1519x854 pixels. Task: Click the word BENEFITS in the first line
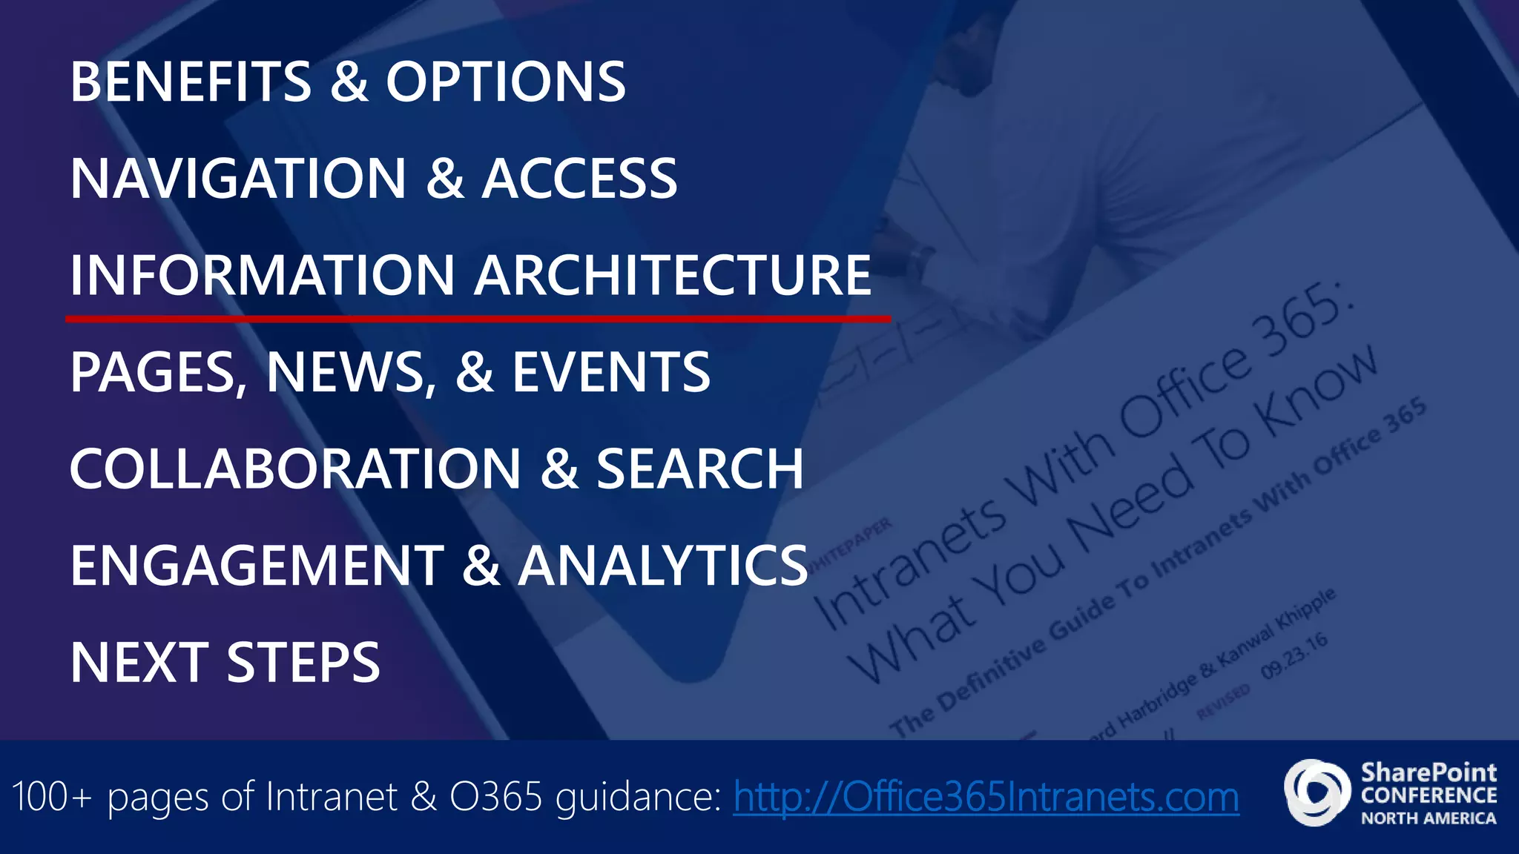[x=191, y=82]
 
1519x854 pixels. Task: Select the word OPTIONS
[x=506, y=82]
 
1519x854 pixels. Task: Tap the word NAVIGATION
[x=238, y=179]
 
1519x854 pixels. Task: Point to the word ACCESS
[x=579, y=179]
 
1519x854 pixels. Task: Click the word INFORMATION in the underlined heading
[x=262, y=275]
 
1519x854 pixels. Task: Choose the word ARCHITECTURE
[x=673, y=275]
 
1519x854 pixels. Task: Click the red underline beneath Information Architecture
[x=478, y=319]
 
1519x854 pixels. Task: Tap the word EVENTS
[x=611, y=372]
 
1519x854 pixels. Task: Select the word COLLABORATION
[x=296, y=469]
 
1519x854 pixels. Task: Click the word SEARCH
[x=699, y=469]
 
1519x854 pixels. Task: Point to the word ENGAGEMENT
[x=257, y=566]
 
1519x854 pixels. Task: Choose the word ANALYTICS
[x=662, y=566]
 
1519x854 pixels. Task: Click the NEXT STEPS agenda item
[x=225, y=662]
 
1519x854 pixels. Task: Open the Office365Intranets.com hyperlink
[x=986, y=797]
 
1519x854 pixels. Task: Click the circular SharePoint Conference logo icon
[x=1317, y=792]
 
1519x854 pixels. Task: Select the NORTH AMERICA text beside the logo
[x=1428, y=818]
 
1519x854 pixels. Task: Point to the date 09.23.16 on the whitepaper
[x=1294, y=656]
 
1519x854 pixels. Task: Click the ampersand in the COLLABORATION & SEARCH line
[x=559, y=469]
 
